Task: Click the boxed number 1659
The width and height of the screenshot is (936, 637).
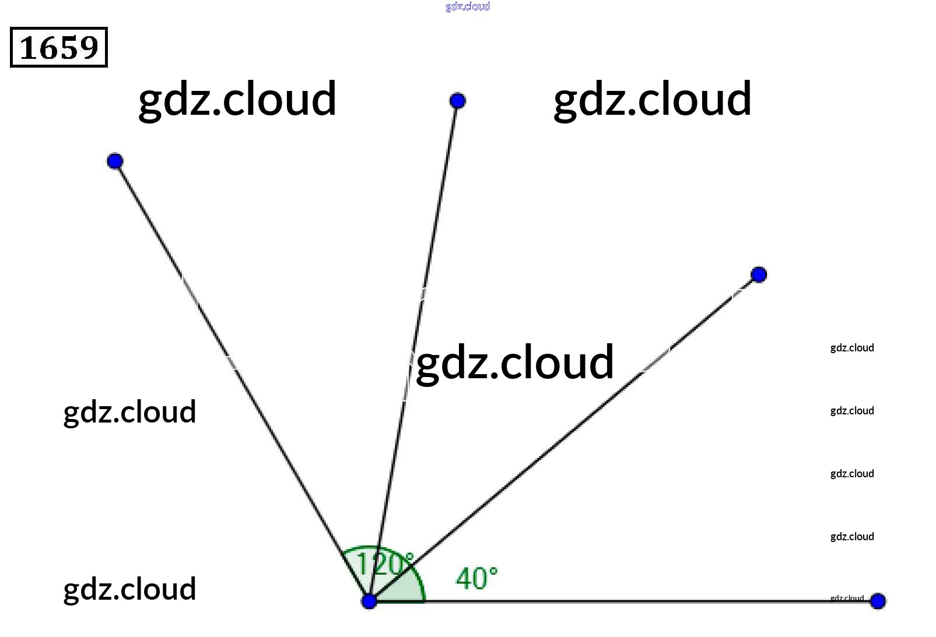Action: pyautogui.click(x=59, y=47)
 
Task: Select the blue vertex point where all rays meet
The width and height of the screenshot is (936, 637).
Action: pyautogui.click(x=369, y=601)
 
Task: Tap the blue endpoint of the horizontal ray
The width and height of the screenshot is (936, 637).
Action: pyautogui.click(x=878, y=601)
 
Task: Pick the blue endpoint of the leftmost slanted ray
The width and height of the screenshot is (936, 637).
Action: pyautogui.click(x=115, y=161)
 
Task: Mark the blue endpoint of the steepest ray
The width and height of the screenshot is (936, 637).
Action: pyautogui.click(x=458, y=101)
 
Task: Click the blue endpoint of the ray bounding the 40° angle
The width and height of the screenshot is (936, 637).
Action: pyautogui.click(x=759, y=274)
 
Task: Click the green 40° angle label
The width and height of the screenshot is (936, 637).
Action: pyautogui.click(x=476, y=579)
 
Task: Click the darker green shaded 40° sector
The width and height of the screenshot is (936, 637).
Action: pyautogui.click(x=408, y=589)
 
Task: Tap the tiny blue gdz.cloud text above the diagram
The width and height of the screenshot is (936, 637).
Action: pyautogui.click(x=468, y=6)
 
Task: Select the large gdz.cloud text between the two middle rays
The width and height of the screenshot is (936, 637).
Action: pyautogui.click(x=515, y=363)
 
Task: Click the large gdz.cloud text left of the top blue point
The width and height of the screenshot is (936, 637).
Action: pyautogui.click(x=237, y=100)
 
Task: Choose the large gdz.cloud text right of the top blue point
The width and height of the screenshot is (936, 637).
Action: pyautogui.click(x=652, y=100)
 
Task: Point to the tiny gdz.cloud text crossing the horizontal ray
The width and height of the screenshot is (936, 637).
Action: pyautogui.click(x=847, y=598)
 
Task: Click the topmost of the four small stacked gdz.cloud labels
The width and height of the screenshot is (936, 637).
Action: pyautogui.click(x=852, y=348)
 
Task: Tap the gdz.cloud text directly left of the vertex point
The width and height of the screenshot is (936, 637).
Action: pyautogui.click(x=129, y=589)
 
